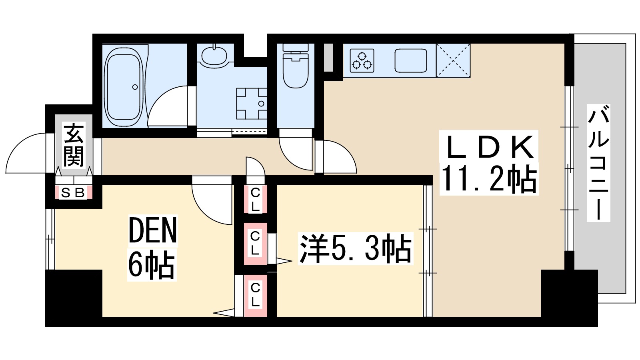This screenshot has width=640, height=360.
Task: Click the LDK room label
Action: click(x=490, y=147)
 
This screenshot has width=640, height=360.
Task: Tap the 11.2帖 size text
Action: click(x=489, y=178)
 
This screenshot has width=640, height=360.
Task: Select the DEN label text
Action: click(x=152, y=230)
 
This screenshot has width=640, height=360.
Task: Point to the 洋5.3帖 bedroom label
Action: click(x=356, y=248)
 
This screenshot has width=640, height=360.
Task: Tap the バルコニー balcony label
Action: click(x=598, y=163)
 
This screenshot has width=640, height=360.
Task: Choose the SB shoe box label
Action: click(x=74, y=193)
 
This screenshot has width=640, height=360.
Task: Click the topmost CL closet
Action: click(x=255, y=200)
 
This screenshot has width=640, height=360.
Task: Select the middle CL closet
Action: click(x=255, y=244)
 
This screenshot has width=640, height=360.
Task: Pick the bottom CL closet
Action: click(x=255, y=296)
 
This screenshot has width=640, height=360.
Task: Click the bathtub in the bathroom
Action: click(x=124, y=86)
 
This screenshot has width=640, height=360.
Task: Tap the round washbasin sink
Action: click(x=214, y=56)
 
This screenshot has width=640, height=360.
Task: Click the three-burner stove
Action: click(x=362, y=61)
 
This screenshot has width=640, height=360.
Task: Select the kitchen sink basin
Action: click(x=411, y=60)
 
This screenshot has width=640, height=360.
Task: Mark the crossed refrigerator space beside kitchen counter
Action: click(x=453, y=60)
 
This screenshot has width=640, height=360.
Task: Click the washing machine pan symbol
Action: click(x=252, y=104)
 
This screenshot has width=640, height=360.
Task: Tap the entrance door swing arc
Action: click(x=26, y=153)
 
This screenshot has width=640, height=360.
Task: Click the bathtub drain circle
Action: click(x=135, y=87)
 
